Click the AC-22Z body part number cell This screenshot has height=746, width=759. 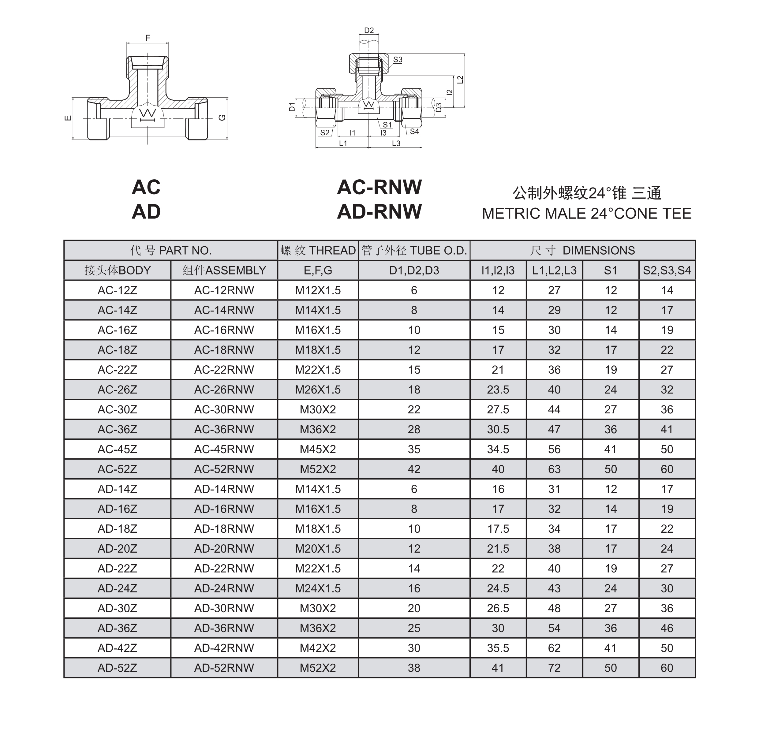click(117, 369)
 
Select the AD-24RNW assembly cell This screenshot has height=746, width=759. click(224, 588)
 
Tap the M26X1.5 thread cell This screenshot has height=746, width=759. click(318, 390)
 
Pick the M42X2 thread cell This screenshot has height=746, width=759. click(318, 648)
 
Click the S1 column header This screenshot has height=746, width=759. click(611, 270)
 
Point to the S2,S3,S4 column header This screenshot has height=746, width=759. click(667, 270)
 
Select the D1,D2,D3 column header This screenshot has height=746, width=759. click(414, 270)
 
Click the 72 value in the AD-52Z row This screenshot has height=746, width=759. click(554, 668)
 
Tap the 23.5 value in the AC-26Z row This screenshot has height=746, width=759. click(498, 390)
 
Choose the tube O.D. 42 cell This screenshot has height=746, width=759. click(414, 469)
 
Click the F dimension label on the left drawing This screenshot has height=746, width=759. click(148, 38)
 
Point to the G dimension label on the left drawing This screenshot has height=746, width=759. click(222, 117)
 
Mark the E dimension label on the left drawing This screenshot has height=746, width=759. click(68, 117)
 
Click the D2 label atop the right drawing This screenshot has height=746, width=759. click(369, 30)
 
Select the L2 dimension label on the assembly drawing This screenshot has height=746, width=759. click(460, 80)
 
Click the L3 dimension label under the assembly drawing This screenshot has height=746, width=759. click(396, 144)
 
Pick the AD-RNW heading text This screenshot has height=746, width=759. click(379, 211)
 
